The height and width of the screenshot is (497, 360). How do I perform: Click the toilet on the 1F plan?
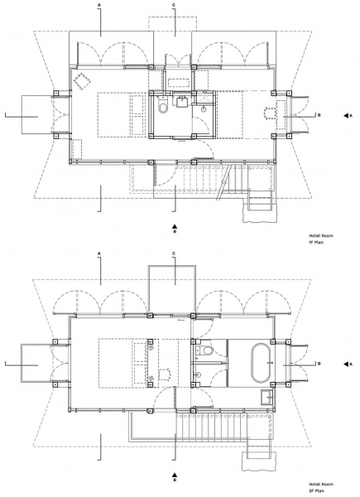pos(163,106)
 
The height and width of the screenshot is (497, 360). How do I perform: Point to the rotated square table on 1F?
pos(82,81)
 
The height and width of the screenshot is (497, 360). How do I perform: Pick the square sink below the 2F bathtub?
pos(268,397)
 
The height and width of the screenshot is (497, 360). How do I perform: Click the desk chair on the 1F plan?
pos(270,113)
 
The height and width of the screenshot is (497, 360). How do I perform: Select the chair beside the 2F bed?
pos(165,374)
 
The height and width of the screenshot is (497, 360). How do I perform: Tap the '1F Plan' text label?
pos(316,243)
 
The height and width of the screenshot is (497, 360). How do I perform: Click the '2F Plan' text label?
pos(317,490)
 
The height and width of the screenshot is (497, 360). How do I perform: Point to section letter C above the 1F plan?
pos(174,5)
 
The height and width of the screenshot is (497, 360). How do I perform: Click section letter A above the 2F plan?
pos(99,253)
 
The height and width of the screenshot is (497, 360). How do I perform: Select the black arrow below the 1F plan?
pos(175,226)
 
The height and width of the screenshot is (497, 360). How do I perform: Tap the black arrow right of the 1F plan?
pos(346,116)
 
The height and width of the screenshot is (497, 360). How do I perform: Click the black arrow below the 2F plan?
pos(175,475)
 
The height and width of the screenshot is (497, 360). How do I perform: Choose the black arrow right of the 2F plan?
pos(346,364)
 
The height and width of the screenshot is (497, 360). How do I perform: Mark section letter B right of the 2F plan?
pos(319,364)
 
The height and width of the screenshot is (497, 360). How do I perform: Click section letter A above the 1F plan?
pos(99,5)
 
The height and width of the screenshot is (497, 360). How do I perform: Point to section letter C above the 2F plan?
pos(174,253)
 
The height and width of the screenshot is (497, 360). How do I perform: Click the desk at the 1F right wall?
pos(281,114)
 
